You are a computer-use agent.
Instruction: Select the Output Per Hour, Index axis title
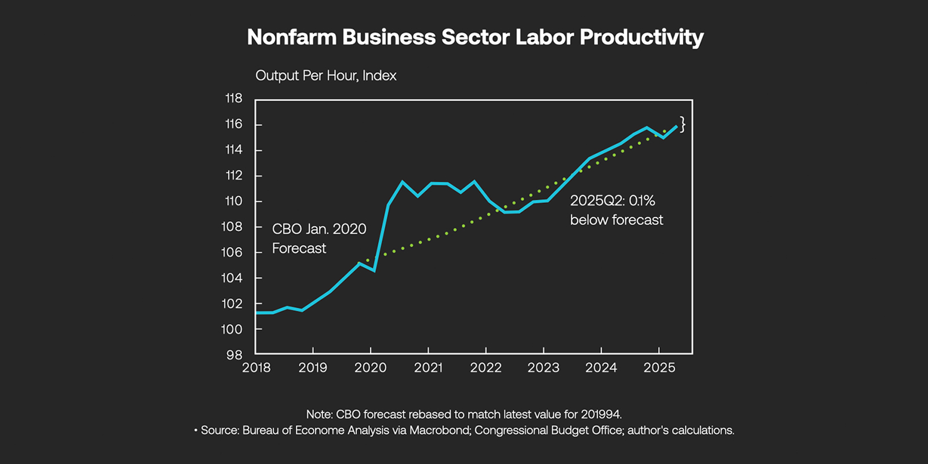326,76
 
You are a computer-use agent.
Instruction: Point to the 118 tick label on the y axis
234,99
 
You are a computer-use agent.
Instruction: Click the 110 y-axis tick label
234,201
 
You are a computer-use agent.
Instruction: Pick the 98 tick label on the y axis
234,355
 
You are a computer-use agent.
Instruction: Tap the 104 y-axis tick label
232,278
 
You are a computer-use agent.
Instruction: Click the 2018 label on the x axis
256,368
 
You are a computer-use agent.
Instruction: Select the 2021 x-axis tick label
428,368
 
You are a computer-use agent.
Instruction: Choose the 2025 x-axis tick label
659,368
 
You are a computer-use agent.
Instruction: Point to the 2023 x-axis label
543,368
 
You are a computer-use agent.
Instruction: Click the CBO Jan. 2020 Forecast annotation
319,238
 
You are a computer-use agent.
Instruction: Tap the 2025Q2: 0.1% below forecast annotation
616,210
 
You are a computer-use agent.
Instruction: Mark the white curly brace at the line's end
683,124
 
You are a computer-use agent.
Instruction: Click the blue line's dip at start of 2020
374,270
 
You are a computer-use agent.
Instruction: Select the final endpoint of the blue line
676,126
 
